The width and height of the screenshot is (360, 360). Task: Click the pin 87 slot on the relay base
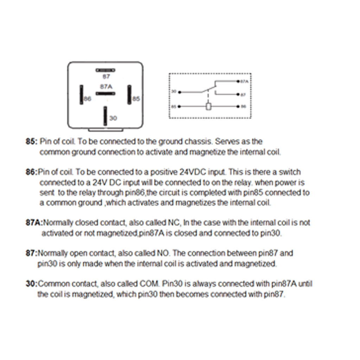click(x=105, y=70)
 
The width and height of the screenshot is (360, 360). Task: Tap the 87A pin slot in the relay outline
click(x=105, y=94)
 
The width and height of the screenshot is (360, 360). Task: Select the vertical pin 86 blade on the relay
click(x=81, y=94)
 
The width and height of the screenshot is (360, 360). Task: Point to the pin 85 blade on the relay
click(x=129, y=94)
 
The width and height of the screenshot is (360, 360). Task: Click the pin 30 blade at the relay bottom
click(x=105, y=116)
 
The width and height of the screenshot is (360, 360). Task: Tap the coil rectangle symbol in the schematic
click(x=209, y=107)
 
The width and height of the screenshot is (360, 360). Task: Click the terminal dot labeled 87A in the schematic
click(x=239, y=81)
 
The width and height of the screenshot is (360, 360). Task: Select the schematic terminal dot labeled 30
click(x=179, y=92)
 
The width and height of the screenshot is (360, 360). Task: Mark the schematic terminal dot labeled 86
click(x=239, y=107)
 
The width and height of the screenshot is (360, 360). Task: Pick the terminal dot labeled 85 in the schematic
click(x=179, y=107)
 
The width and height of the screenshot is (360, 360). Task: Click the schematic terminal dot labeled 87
click(x=239, y=94)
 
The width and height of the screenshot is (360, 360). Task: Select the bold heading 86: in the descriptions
click(x=31, y=172)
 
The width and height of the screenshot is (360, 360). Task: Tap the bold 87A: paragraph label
click(x=34, y=223)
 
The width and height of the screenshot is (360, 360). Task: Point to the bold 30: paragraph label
click(x=31, y=283)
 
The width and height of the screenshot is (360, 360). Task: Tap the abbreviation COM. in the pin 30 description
click(x=151, y=283)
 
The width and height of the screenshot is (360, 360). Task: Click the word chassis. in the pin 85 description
click(x=198, y=142)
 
